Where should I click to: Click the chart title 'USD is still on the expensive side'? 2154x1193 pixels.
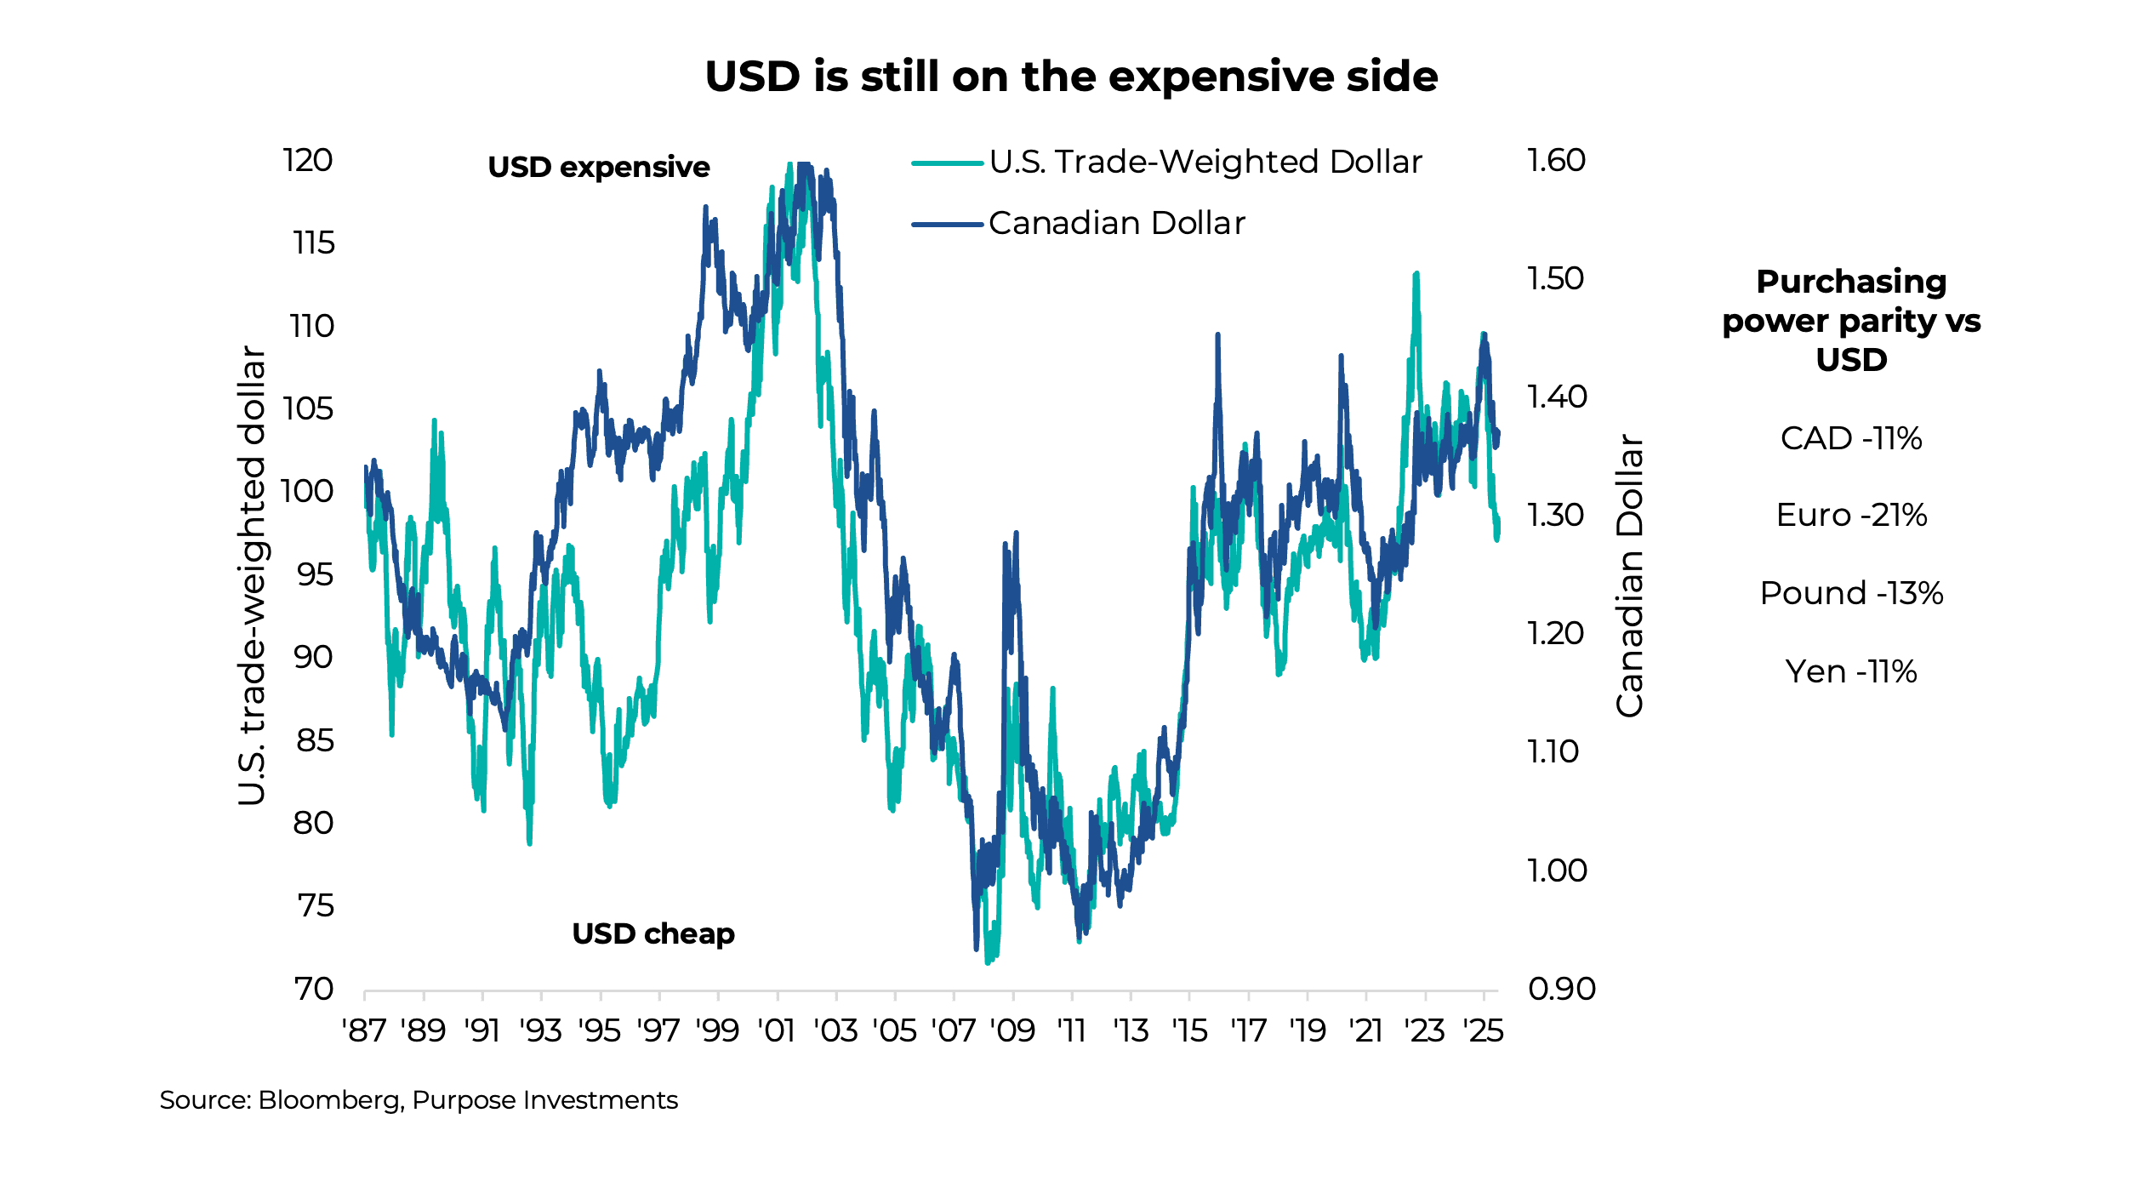pyautogui.click(x=1071, y=77)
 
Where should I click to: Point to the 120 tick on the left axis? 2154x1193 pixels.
pyautogui.click(x=308, y=160)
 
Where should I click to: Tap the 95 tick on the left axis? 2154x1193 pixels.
pyautogui.click(x=314, y=574)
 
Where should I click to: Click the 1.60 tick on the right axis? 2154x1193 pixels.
pyautogui.click(x=1556, y=160)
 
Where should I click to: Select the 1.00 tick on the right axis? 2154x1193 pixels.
pyautogui.click(x=1557, y=870)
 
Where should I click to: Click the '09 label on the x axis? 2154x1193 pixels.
pyautogui.click(x=1012, y=1031)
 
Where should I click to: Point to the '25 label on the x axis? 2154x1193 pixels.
pyautogui.click(x=1483, y=1031)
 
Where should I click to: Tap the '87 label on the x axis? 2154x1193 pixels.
pyautogui.click(x=364, y=1031)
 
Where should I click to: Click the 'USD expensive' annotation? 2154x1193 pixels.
pyautogui.click(x=598, y=167)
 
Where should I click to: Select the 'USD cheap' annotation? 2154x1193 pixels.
pyautogui.click(x=652, y=933)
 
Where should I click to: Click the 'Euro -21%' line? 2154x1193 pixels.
pyautogui.click(x=1851, y=515)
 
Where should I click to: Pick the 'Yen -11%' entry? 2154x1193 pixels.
pyautogui.click(x=1851, y=671)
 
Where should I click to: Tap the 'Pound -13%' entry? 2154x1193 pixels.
pyautogui.click(x=1851, y=593)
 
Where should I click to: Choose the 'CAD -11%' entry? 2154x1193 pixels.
pyautogui.click(x=1851, y=438)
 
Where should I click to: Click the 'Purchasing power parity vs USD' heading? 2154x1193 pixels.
pyautogui.click(x=1851, y=320)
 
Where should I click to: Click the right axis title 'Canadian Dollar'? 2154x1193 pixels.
pyautogui.click(x=1629, y=575)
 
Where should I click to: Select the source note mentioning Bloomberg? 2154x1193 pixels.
pyautogui.click(x=419, y=1100)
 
